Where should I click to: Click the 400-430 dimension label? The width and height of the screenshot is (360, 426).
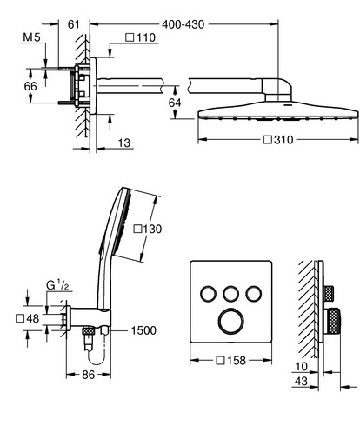point(183,24)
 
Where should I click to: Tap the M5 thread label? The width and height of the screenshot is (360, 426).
point(31,37)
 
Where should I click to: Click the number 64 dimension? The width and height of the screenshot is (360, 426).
point(175,103)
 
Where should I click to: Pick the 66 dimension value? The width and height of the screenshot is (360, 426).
point(30,86)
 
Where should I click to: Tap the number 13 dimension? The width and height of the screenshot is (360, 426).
point(124,143)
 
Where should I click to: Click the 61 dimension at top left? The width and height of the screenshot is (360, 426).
point(74,24)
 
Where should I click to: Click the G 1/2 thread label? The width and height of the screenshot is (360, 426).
point(57,285)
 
